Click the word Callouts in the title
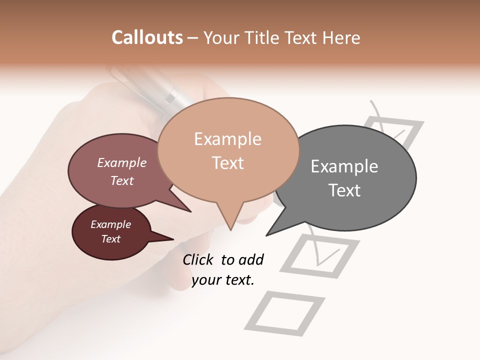[x=147, y=37]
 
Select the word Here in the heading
[x=341, y=37]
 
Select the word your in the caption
[x=206, y=280]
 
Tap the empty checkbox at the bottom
[x=284, y=313]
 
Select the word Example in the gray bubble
[x=344, y=166]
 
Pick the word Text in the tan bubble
[x=228, y=162]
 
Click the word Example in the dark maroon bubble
[x=111, y=224]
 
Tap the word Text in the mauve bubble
[x=122, y=180]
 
